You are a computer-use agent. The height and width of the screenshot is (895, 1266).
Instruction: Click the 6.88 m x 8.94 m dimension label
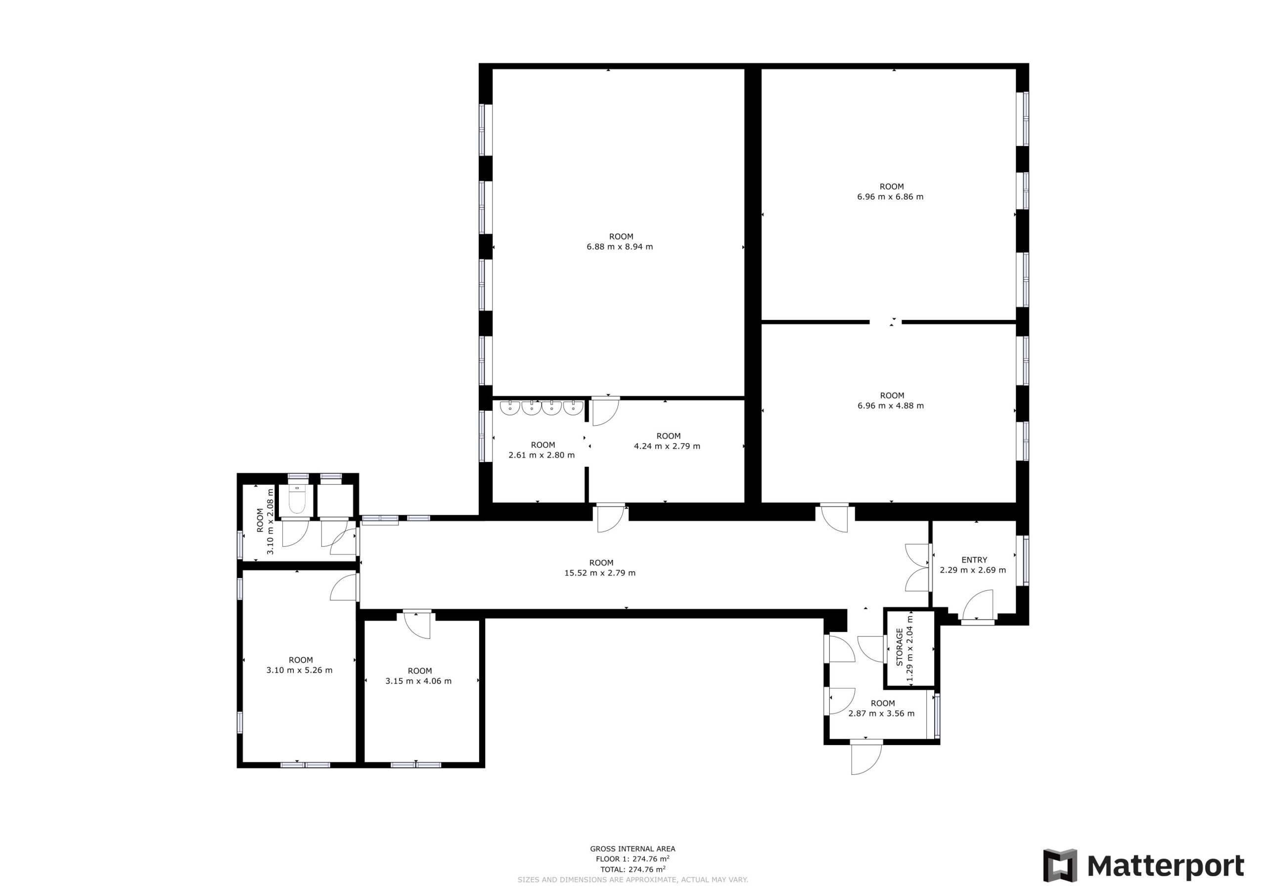pyautogui.click(x=620, y=247)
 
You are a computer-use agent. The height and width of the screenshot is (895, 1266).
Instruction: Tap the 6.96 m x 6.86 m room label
pyautogui.click(x=890, y=197)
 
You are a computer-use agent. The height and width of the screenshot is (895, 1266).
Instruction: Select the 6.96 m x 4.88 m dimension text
pyautogui.click(x=891, y=406)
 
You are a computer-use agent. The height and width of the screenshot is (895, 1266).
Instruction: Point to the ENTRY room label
pyautogui.click(x=974, y=560)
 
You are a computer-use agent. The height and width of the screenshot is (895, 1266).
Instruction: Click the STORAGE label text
pyautogui.click(x=900, y=648)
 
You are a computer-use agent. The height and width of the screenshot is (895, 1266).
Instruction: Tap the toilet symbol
pyautogui.click(x=297, y=501)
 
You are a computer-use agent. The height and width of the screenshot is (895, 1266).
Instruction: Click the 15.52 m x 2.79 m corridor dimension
pyautogui.click(x=600, y=573)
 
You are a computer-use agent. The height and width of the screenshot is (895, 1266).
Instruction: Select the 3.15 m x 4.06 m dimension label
pyautogui.click(x=418, y=681)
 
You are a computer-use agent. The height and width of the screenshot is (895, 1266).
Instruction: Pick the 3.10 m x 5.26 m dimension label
pyautogui.click(x=299, y=671)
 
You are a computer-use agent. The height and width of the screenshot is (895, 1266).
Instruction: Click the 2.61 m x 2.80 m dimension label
pyautogui.click(x=542, y=455)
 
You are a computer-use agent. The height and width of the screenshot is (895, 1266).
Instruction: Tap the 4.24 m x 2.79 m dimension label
pyautogui.click(x=667, y=446)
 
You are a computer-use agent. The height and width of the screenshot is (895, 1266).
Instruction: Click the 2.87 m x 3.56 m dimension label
pyautogui.click(x=881, y=714)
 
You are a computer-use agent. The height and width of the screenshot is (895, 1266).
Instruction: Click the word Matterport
pyautogui.click(x=1165, y=866)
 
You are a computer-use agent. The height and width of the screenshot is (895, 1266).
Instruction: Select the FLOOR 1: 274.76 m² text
pyautogui.click(x=633, y=858)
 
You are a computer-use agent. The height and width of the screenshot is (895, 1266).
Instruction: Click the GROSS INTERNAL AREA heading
pyautogui.click(x=633, y=849)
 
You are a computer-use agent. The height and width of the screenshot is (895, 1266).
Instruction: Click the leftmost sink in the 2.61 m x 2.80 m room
pyautogui.click(x=510, y=408)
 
